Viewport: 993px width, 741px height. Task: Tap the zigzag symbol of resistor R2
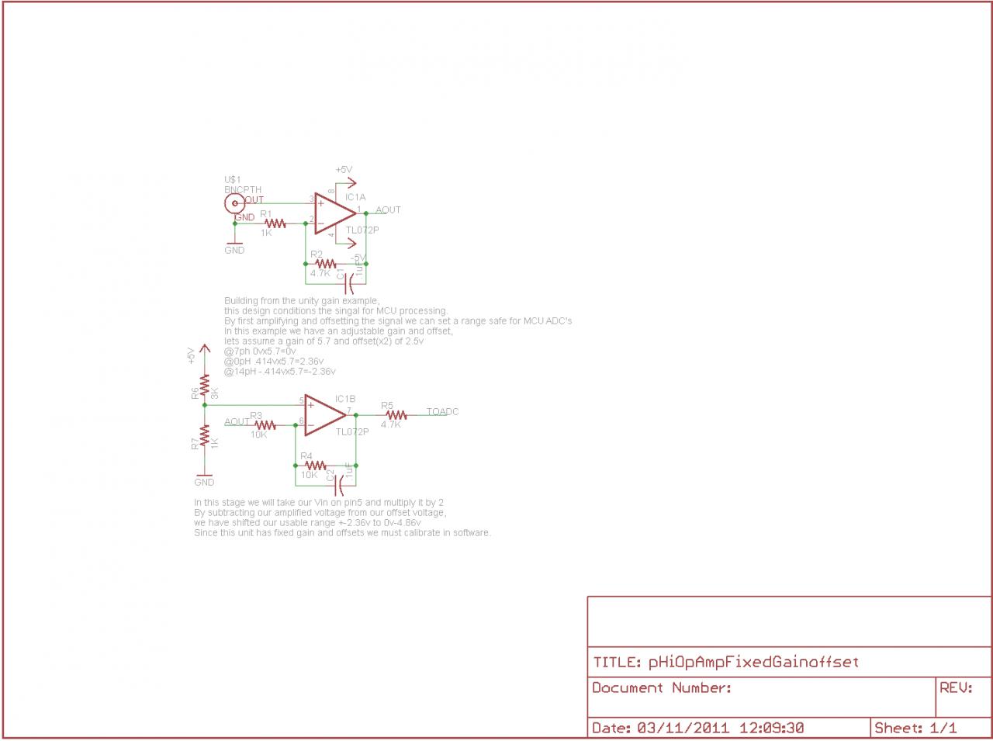326,264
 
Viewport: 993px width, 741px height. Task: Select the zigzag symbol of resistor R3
265,425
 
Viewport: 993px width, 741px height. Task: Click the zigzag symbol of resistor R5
394,415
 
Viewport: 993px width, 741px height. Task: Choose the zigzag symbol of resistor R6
204,385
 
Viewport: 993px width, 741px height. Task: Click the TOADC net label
442,412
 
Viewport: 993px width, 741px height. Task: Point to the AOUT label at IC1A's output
388,210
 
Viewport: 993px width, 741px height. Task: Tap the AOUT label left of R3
237,422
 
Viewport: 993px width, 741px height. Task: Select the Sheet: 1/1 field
915,728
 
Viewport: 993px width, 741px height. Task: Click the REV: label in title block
956,687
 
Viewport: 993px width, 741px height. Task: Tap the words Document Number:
661,687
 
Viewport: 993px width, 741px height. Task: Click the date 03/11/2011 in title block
683,728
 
